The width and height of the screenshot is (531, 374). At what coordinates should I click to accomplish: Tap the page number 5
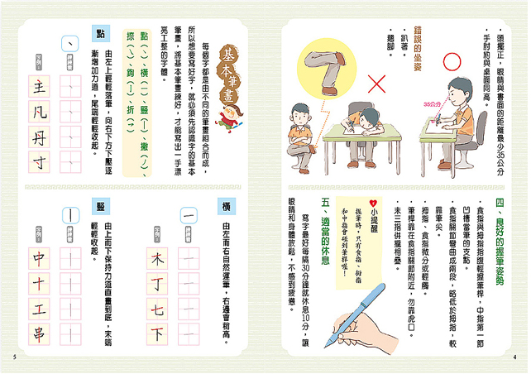(15, 357)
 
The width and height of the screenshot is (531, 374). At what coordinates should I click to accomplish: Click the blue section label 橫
(221, 207)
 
